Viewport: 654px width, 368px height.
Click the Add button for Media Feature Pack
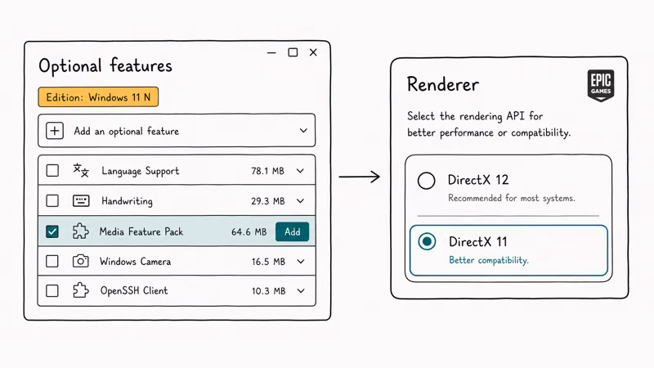point(292,231)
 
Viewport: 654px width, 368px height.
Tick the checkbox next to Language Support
point(52,170)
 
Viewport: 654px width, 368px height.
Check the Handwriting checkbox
point(52,200)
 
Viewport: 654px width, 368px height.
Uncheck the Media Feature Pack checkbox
point(52,231)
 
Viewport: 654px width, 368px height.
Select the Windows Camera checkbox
point(52,261)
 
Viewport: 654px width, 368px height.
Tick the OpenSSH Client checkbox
point(52,291)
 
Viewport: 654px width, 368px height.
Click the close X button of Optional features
point(313,52)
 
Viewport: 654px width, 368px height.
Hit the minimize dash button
point(271,53)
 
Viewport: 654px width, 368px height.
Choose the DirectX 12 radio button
point(426,181)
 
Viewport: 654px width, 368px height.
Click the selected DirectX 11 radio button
point(427,241)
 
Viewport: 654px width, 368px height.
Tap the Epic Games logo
point(601,86)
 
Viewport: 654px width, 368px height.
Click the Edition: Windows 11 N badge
point(98,96)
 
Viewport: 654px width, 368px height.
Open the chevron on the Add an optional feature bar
point(303,131)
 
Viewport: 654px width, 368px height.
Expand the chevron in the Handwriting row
point(300,201)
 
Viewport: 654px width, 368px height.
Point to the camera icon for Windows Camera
point(80,261)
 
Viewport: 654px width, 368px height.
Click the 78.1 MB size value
point(267,171)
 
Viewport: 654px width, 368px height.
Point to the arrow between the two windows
point(359,177)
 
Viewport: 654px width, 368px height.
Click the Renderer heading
point(443,84)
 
